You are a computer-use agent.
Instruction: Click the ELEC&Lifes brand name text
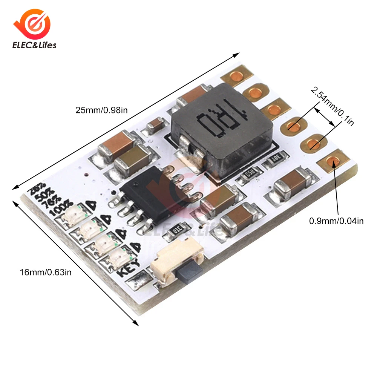(34, 45)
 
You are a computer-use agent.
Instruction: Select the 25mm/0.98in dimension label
(102, 110)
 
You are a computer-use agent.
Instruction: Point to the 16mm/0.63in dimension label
(45, 271)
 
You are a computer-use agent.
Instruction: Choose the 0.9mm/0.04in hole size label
(336, 221)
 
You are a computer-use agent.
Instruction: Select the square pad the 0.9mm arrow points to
(332, 162)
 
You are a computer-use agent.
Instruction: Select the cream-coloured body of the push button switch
(166, 268)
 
